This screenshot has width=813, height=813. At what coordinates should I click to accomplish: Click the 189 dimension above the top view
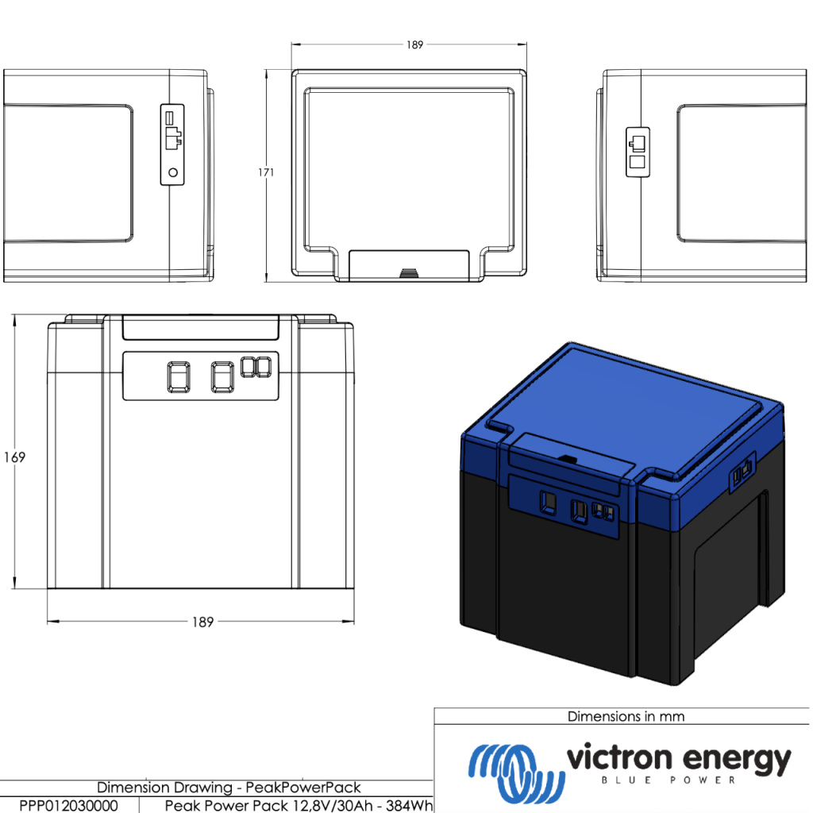pyautogui.click(x=414, y=45)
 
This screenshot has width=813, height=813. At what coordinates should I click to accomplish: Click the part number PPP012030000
pyautogui.click(x=68, y=805)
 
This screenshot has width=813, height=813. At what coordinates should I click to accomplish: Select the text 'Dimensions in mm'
pyautogui.click(x=626, y=716)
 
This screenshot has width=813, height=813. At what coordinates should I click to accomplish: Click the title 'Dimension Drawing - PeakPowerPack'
pyautogui.click(x=229, y=788)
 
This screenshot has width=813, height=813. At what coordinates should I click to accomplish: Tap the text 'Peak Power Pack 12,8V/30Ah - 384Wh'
pyautogui.click(x=299, y=805)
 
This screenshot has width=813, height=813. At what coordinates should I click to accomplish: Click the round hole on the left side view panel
pyautogui.click(x=173, y=171)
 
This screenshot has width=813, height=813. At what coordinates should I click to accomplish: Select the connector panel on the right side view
pyautogui.click(x=638, y=152)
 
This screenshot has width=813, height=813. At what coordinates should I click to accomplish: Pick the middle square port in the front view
pyautogui.click(x=222, y=376)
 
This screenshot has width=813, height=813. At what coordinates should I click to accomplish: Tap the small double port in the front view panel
pyautogui.click(x=255, y=367)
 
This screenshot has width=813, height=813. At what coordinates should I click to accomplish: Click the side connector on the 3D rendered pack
pyautogui.click(x=742, y=474)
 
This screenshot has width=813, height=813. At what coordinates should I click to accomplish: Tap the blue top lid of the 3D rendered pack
pyautogui.click(x=627, y=405)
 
